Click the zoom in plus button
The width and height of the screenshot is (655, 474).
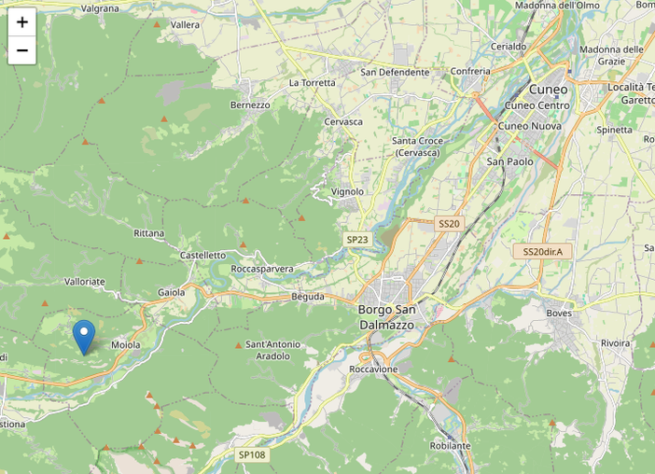[x=21, y=22]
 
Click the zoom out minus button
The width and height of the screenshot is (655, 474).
[x=21, y=50]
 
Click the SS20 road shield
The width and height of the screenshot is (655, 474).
[x=449, y=224]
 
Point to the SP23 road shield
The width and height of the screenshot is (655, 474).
[x=357, y=240]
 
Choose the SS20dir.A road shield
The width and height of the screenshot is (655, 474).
[x=542, y=252]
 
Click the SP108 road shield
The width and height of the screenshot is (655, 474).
[x=252, y=455]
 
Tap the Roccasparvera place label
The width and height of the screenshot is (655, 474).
[x=262, y=269]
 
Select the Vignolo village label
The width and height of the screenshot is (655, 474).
[x=348, y=192]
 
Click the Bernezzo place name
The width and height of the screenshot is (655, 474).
[x=250, y=105]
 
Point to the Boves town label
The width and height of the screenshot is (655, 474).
[x=559, y=314]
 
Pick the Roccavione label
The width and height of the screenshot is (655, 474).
[x=373, y=369]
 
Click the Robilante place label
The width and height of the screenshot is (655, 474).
[x=451, y=446]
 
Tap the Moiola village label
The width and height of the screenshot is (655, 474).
[x=125, y=345]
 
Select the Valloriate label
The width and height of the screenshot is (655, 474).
[x=85, y=281]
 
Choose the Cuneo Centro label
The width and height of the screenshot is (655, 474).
[x=537, y=105]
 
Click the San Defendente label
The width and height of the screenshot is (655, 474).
[x=395, y=73]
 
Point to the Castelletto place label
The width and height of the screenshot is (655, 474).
[x=202, y=255]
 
